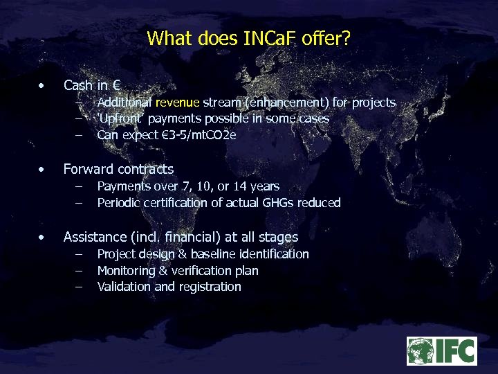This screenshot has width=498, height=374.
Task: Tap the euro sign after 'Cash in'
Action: (x=116, y=86)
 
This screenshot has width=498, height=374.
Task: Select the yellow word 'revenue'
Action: (x=178, y=103)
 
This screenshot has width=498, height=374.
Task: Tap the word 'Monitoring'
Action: (x=127, y=271)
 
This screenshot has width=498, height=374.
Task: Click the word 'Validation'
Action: (x=123, y=287)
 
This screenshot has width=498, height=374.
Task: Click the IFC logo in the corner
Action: (x=441, y=351)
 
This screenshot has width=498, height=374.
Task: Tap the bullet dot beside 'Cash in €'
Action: (x=43, y=87)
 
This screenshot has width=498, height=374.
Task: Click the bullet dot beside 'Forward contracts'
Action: (x=43, y=170)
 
